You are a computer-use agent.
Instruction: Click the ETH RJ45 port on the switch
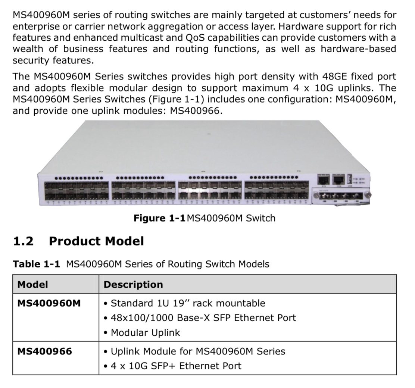pyautogui.click(x=324, y=180)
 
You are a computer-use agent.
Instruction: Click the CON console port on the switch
pyautogui.click(x=338, y=180)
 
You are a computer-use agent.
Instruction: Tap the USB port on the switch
pyautogui.click(x=349, y=180)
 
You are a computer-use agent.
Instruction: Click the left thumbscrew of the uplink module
pyautogui.click(x=315, y=195)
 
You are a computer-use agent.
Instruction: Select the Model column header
pyautogui.click(x=32, y=285)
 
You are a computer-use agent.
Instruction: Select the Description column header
pyautogui.click(x=133, y=285)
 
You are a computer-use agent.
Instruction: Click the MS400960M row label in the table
pyautogui.click(x=49, y=303)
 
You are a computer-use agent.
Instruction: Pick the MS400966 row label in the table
pyautogui.click(x=44, y=351)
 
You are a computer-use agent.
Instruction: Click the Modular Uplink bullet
pyautogui.click(x=142, y=332)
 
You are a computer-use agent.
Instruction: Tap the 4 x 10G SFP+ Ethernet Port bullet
pyautogui.click(x=172, y=366)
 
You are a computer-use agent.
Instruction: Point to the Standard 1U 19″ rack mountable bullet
pyautogui.click(x=184, y=303)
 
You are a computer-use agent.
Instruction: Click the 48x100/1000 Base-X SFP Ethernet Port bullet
pyautogui.click(x=200, y=317)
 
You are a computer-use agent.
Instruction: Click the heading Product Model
pyautogui.click(x=96, y=241)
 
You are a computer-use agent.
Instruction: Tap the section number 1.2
pyautogui.click(x=23, y=241)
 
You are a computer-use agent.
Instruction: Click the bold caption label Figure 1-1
pyautogui.click(x=159, y=218)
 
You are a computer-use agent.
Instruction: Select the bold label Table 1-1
pyautogui.click(x=37, y=264)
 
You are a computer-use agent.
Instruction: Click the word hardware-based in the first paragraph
pyautogui.click(x=358, y=49)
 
